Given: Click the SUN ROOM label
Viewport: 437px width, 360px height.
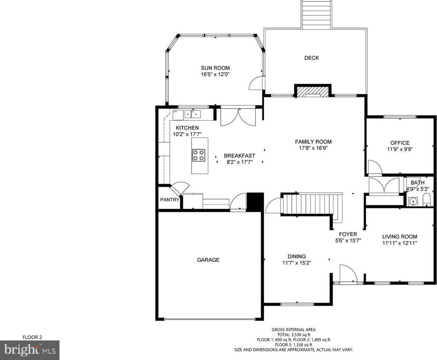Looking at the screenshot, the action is point(215,68).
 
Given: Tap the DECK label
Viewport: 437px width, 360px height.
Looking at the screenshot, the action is point(311,58).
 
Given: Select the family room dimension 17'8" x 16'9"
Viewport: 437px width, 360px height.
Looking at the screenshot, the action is point(313,148).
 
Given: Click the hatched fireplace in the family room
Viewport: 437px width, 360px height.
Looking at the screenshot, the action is point(313,92).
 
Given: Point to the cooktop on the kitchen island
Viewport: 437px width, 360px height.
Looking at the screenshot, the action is point(199,155).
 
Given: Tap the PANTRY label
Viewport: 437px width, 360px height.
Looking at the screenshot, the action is point(170,200).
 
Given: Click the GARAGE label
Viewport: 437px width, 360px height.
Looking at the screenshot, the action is point(208,260).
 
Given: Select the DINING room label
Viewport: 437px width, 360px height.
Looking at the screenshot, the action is point(296,257).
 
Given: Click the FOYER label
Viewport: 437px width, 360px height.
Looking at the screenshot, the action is point(348,235).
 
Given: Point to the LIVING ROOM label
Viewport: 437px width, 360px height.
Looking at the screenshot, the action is point(399,237).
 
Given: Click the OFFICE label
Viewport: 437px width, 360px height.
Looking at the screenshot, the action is point(400,143).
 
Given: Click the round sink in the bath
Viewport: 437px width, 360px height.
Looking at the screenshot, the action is point(413,201).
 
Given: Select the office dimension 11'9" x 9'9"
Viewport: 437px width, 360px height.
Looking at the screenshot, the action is point(400,149).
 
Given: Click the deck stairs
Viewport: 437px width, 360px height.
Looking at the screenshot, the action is point(316,15).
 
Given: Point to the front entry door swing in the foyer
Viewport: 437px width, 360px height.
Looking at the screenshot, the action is point(348,274).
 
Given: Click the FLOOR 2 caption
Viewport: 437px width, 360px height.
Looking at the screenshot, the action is point(32,337).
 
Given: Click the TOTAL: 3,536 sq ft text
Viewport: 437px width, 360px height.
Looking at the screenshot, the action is point(294,335).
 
